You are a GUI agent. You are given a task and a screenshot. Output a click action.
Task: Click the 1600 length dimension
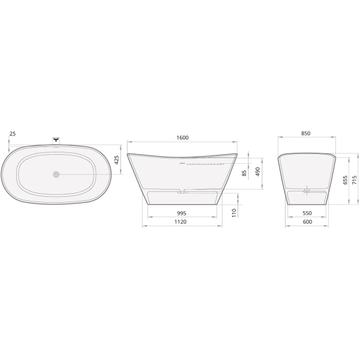pyautogui.click(x=183, y=137)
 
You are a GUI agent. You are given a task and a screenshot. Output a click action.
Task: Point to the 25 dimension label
pyautogui.click(x=12, y=133)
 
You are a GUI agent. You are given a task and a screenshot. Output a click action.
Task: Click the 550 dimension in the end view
pyautogui.click(x=307, y=212)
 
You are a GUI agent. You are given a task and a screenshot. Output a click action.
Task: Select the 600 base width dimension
pyautogui.click(x=307, y=222)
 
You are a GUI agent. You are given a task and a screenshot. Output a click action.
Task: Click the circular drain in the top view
pyautogui.click(x=56, y=175)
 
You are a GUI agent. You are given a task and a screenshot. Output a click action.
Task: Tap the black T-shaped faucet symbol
pyautogui.click(x=56, y=139)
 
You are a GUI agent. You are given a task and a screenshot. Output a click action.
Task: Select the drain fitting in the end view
pyautogui.click(x=307, y=191)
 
